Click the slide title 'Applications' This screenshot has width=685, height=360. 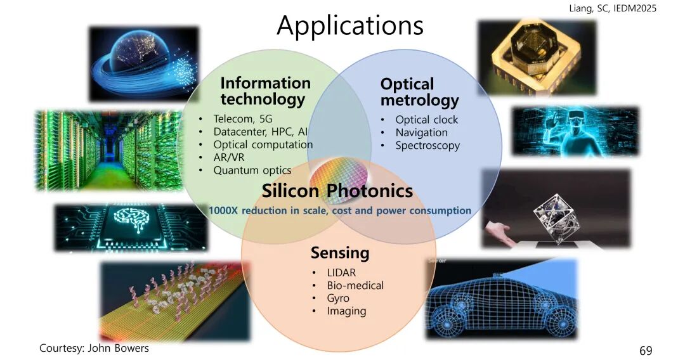(350, 25)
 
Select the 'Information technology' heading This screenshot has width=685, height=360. (265, 91)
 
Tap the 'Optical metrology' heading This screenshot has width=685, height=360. (419, 92)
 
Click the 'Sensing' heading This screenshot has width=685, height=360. (340, 253)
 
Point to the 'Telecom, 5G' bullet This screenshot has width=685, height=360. (242, 119)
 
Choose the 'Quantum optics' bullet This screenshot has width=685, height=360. (252, 170)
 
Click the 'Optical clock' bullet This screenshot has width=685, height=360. (426, 120)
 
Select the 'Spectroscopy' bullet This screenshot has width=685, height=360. (427, 146)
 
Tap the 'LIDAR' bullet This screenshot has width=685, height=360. (341, 273)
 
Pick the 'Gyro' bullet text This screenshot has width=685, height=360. (337, 299)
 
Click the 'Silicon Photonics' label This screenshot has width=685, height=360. (337, 191)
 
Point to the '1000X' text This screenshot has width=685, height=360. (223, 210)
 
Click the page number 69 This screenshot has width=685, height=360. (646, 350)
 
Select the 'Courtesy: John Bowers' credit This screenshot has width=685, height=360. (94, 348)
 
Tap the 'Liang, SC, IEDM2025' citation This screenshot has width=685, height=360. (613, 8)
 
